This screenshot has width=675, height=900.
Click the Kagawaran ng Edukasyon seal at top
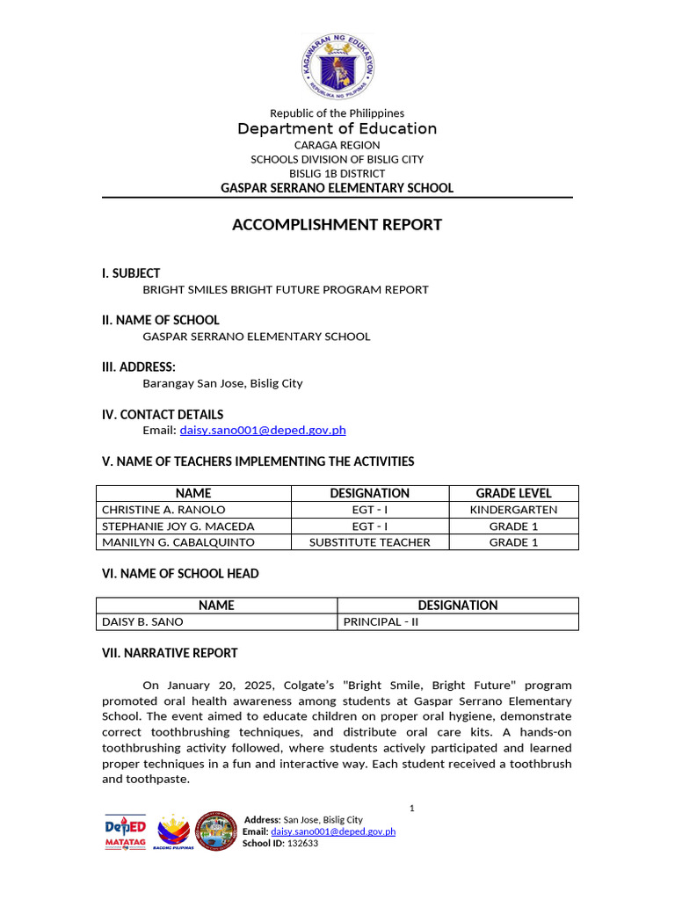pos(337,67)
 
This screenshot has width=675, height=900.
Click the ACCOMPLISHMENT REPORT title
pos(337,225)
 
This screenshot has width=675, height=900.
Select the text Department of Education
pos(337,129)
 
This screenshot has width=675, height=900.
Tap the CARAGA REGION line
pos(337,145)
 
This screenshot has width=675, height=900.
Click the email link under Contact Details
pos(263,430)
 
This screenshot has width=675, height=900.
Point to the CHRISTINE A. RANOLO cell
pos(163,510)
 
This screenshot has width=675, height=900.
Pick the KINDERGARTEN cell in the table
pos(513,510)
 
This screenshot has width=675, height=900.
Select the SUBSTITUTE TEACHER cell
pos(369,542)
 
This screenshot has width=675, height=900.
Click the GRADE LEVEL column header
pos(513,493)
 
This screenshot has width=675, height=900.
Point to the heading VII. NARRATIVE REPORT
pos(171,653)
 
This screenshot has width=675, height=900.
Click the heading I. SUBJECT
pos(131,273)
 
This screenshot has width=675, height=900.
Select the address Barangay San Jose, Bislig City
pos(222,383)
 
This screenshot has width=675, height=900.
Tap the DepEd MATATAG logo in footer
pos(126,831)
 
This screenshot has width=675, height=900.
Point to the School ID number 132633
pos(302,844)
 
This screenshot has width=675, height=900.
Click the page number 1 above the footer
pos(411,807)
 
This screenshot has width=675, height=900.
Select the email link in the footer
pos(333,831)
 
